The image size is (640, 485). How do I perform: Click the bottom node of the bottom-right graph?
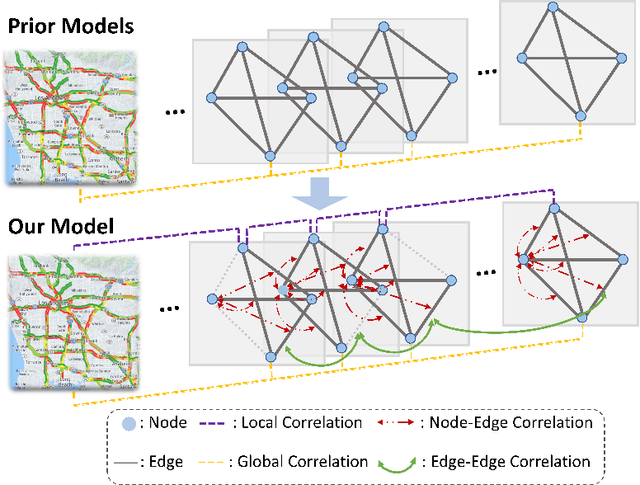[x=583, y=318]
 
